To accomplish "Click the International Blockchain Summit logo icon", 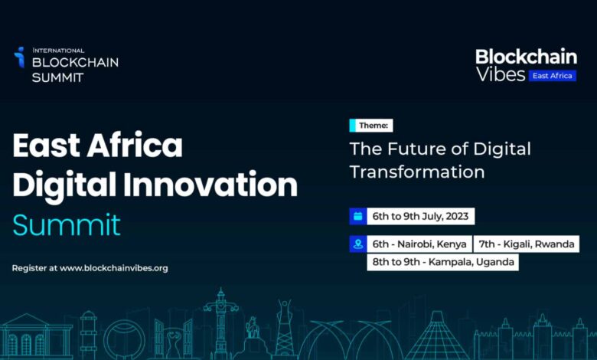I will click(x=19, y=57).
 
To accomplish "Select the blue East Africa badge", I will click(x=551, y=75).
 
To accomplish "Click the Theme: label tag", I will click(x=371, y=126).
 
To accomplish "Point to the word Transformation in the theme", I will click(x=417, y=171).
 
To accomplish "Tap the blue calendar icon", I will click(x=357, y=216).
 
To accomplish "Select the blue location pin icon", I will click(x=357, y=244).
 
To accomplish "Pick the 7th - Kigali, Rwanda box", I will click(x=526, y=244).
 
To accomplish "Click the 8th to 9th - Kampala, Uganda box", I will click(x=442, y=262).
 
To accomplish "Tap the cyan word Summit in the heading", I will click(x=67, y=225).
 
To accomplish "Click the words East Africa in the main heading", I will click(x=97, y=145).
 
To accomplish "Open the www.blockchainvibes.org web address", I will click(x=113, y=268).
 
